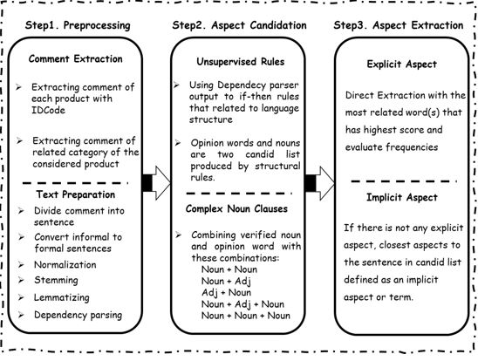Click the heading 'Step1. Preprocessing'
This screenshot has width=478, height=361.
pos(78,25)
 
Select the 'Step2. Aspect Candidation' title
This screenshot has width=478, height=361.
pos(239,25)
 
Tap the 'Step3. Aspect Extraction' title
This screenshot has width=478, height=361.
pos(399,25)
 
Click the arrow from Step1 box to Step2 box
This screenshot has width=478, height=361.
pos(156,183)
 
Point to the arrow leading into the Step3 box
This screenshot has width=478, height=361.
pos(320,183)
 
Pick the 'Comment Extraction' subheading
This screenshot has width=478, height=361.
pos(76,58)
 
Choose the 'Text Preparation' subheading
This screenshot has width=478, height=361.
pos(76,194)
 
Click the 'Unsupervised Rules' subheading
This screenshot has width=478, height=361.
pos(241,62)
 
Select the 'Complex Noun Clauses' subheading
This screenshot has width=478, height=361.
pos(236,209)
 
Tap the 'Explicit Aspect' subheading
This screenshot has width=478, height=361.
pos(402,65)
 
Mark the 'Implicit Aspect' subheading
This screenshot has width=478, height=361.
pos(402,198)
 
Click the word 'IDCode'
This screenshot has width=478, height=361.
pos(48,110)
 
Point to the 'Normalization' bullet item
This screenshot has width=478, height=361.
pos(65,265)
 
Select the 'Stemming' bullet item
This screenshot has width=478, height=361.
pos(56,280)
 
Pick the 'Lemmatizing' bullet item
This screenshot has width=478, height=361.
pos(62,297)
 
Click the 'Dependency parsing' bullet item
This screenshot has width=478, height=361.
pos(78,315)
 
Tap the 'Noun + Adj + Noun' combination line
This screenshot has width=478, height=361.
pos(242,304)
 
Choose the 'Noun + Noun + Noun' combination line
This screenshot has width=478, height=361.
pos(246,316)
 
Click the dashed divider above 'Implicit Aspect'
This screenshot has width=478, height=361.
pos(404,181)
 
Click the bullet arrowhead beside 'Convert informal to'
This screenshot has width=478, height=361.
pos(21,237)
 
